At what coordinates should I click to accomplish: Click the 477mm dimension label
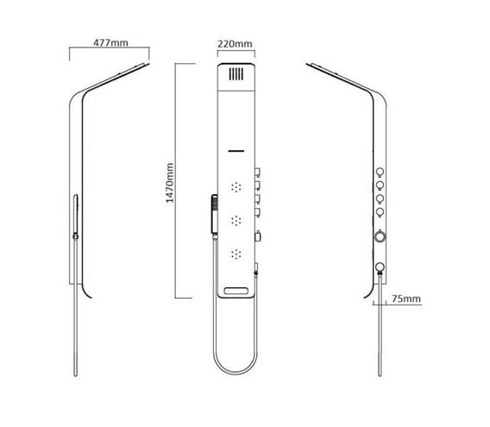[110, 42]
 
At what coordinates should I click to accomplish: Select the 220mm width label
[235, 44]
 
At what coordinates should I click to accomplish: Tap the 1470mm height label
[169, 183]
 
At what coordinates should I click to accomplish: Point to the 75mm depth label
[406, 298]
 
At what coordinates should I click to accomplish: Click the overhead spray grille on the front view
[236, 74]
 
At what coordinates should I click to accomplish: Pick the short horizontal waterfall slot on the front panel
[236, 151]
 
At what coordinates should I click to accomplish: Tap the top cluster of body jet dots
[236, 187]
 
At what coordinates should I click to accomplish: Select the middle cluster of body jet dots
[236, 221]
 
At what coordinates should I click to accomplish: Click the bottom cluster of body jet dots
[236, 254]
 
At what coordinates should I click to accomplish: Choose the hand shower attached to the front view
[214, 216]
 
